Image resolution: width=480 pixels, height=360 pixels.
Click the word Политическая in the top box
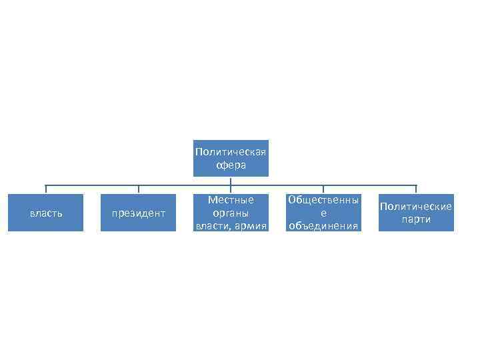(231, 151)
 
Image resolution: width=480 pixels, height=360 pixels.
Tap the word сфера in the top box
(231, 165)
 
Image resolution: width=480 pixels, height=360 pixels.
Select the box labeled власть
(46, 213)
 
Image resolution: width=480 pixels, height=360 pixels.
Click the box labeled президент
(139, 213)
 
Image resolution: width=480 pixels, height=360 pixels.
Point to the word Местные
(231, 200)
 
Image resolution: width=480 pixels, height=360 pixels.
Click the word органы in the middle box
(231, 213)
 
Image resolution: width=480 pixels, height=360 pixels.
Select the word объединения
(323, 226)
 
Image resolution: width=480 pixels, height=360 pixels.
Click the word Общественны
(323, 200)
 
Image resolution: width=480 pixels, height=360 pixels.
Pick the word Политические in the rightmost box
(416, 207)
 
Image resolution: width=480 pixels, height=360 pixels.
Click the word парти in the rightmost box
(416, 219)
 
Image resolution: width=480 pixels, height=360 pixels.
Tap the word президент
(139, 213)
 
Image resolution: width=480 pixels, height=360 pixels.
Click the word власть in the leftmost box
(46, 213)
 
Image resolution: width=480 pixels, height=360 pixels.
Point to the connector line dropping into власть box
(46, 189)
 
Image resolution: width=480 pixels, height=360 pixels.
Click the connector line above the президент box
(139, 189)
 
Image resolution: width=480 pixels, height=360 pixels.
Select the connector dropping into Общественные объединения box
(323, 189)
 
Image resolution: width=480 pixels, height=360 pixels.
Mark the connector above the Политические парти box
(416, 189)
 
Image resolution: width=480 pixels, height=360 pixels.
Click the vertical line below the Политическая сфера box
(231, 181)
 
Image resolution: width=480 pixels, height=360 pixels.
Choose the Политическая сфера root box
(231, 158)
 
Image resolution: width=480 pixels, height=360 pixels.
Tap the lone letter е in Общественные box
(323, 213)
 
